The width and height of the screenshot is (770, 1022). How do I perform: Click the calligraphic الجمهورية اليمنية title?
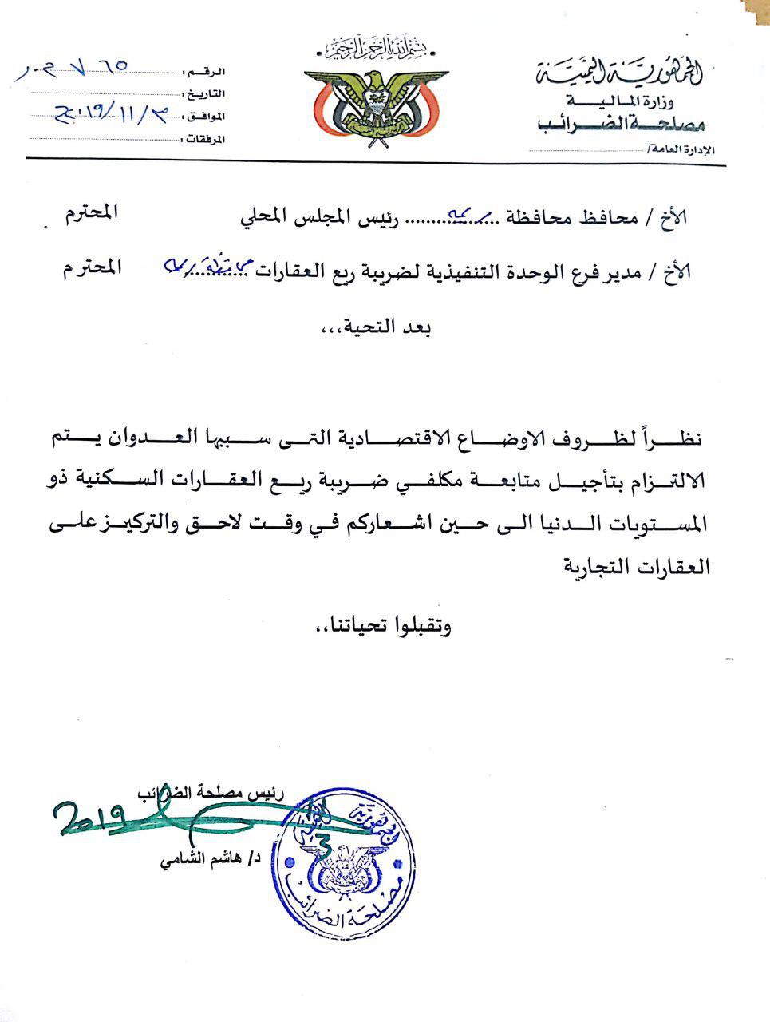coord(620,74)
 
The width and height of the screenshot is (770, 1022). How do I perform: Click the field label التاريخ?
coord(205,94)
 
